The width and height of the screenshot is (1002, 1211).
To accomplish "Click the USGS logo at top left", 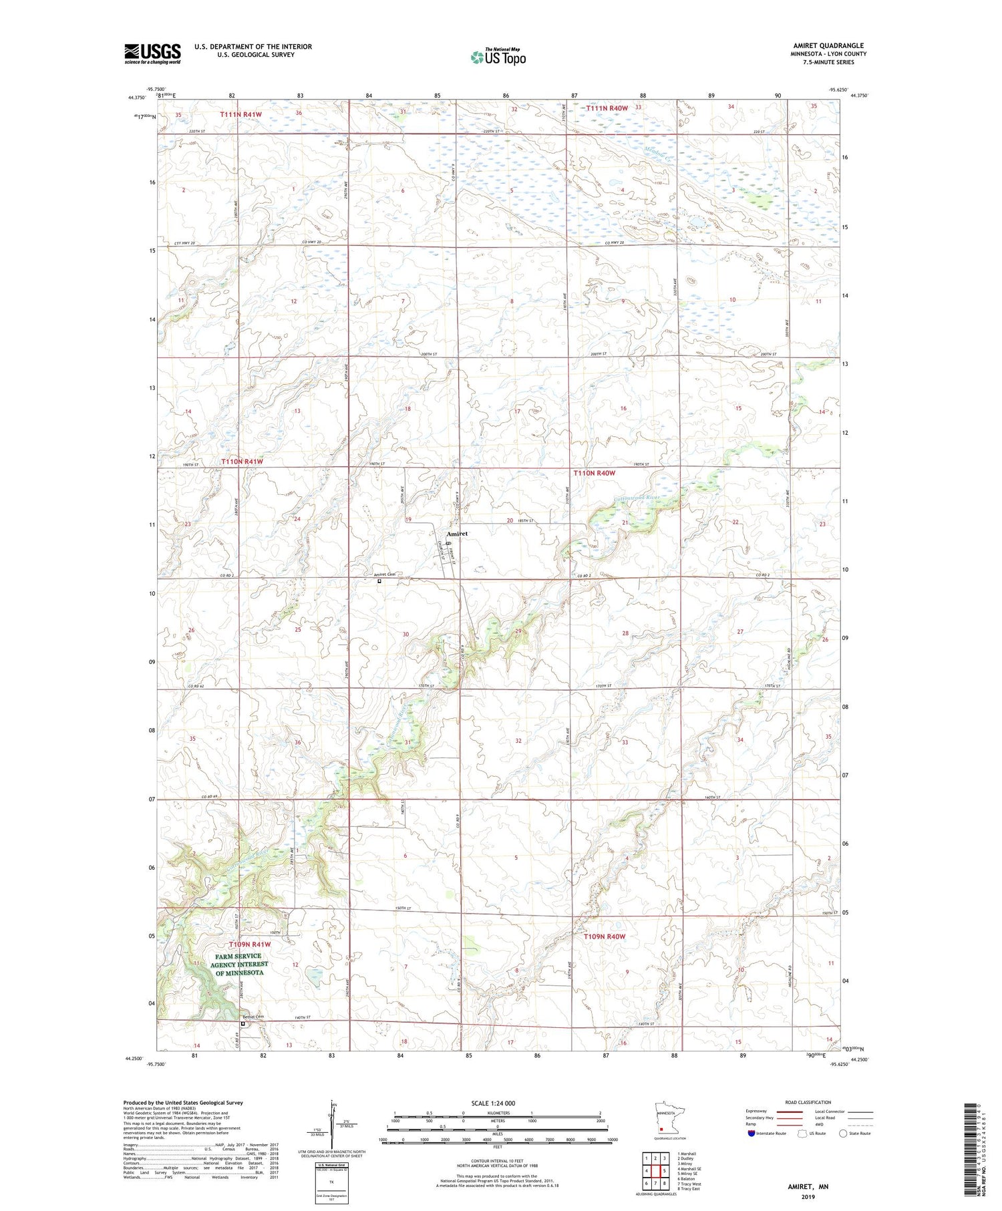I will [x=152, y=53].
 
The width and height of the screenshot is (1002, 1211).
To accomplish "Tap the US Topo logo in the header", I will [x=498, y=57].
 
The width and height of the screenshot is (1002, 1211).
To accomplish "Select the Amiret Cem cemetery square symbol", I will [x=379, y=581].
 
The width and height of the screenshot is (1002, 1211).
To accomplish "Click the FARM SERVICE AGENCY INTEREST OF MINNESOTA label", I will [x=239, y=964].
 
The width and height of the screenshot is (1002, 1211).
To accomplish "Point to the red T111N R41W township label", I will [x=241, y=115].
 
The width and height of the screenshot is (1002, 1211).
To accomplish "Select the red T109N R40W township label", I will [x=604, y=936].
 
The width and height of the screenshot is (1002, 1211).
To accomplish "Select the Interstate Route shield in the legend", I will [x=751, y=1134].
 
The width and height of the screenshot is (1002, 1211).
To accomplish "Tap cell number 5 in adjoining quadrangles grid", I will [x=665, y=1171].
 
